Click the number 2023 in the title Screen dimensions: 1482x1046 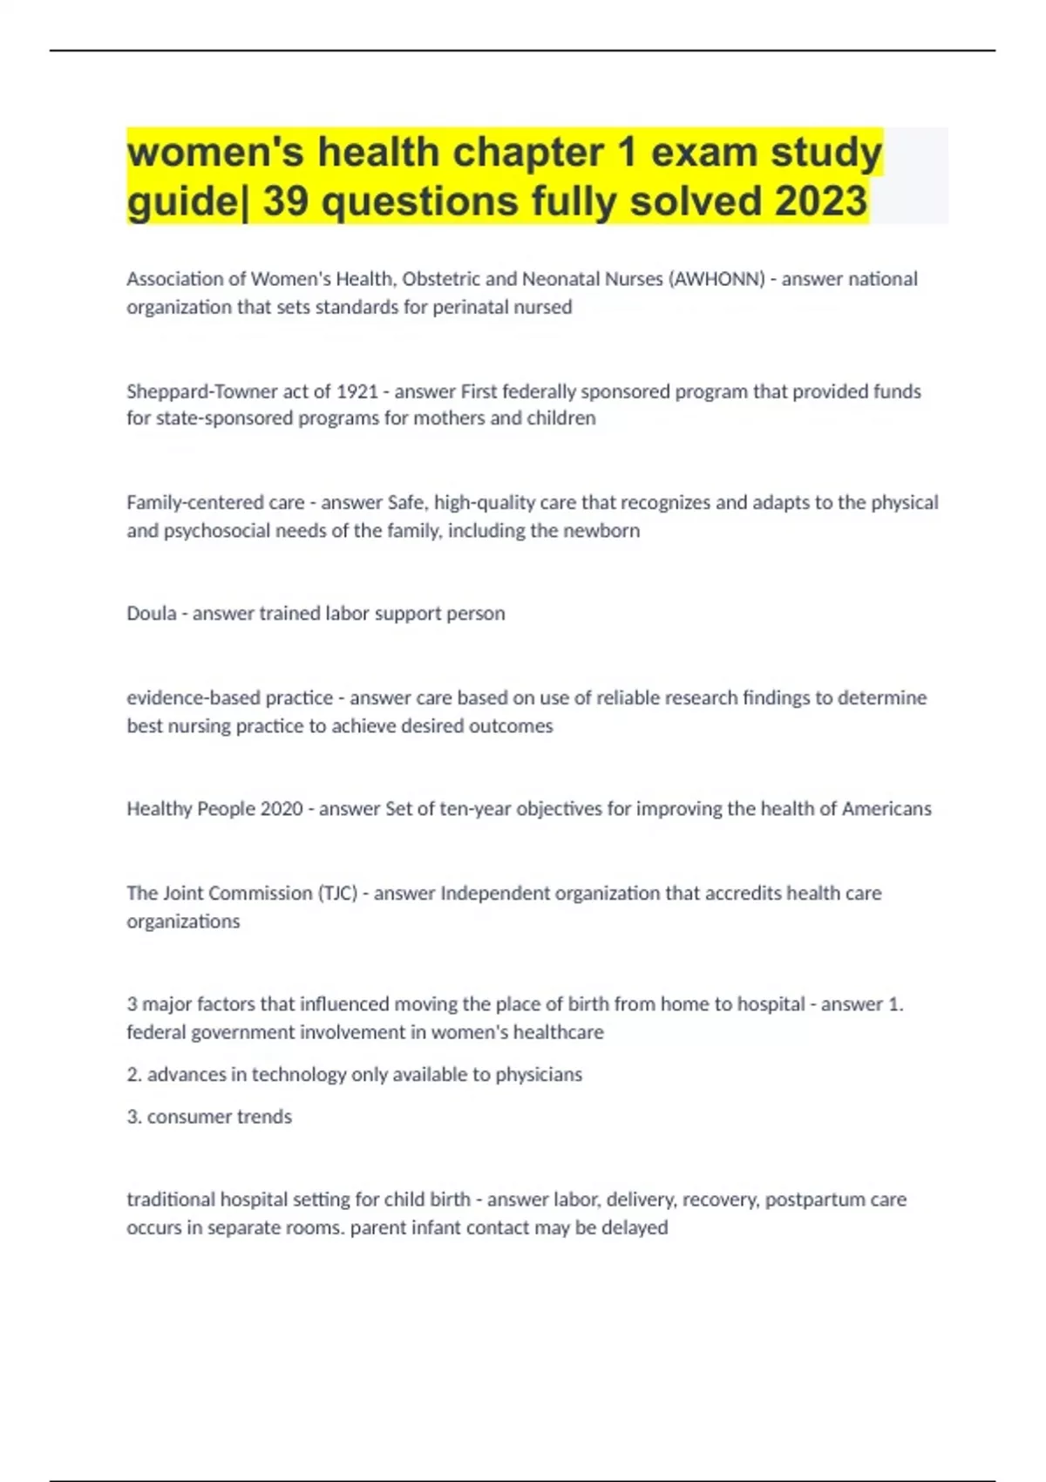(x=820, y=201)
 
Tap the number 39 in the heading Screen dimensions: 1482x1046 (x=287, y=201)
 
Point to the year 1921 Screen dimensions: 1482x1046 (x=357, y=391)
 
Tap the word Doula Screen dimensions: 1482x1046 (x=151, y=614)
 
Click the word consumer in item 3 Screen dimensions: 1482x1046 (x=183, y=1117)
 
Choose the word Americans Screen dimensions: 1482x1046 (x=886, y=809)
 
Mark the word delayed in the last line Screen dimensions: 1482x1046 (x=635, y=1228)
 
